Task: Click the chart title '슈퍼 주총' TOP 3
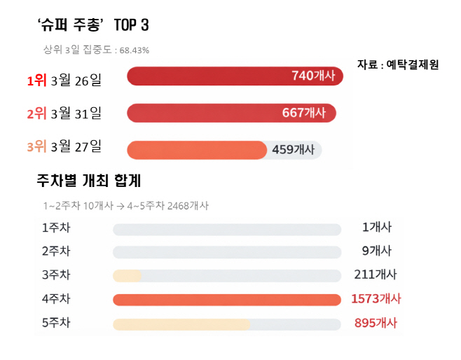pos(92,26)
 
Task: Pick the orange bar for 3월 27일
pos(197,150)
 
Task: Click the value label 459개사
pos(293,149)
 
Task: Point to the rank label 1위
pos(36,81)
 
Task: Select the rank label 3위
pos(36,146)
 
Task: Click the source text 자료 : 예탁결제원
pos(398,64)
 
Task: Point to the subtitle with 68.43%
pos(96,50)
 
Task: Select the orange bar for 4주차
pos(226,300)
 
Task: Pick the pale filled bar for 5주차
pos(181,324)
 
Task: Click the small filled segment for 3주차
pos(128,276)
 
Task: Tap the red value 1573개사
pos(376,299)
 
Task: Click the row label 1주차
pos(56,228)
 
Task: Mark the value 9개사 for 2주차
pos(377,251)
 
